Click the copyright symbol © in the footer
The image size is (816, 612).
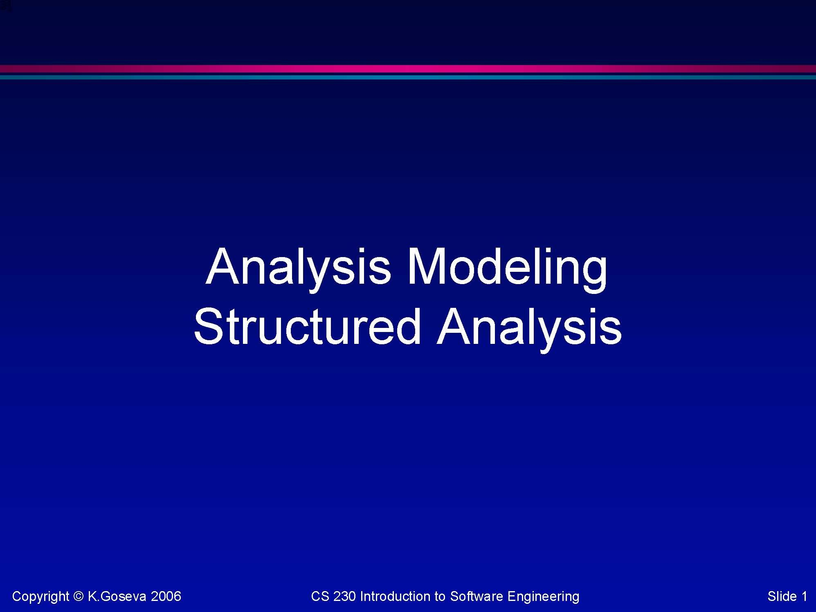tap(79, 596)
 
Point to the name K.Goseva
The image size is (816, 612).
tap(117, 596)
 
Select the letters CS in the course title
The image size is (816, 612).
tap(320, 596)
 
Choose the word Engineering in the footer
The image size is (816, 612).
tap(543, 596)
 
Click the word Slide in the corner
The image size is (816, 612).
tap(782, 596)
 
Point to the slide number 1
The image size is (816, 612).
tap(804, 596)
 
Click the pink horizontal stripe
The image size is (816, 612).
tap(408, 68)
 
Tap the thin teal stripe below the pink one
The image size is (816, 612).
tap(408, 77)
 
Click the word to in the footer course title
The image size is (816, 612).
tap(440, 596)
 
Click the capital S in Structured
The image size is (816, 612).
tap(208, 326)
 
